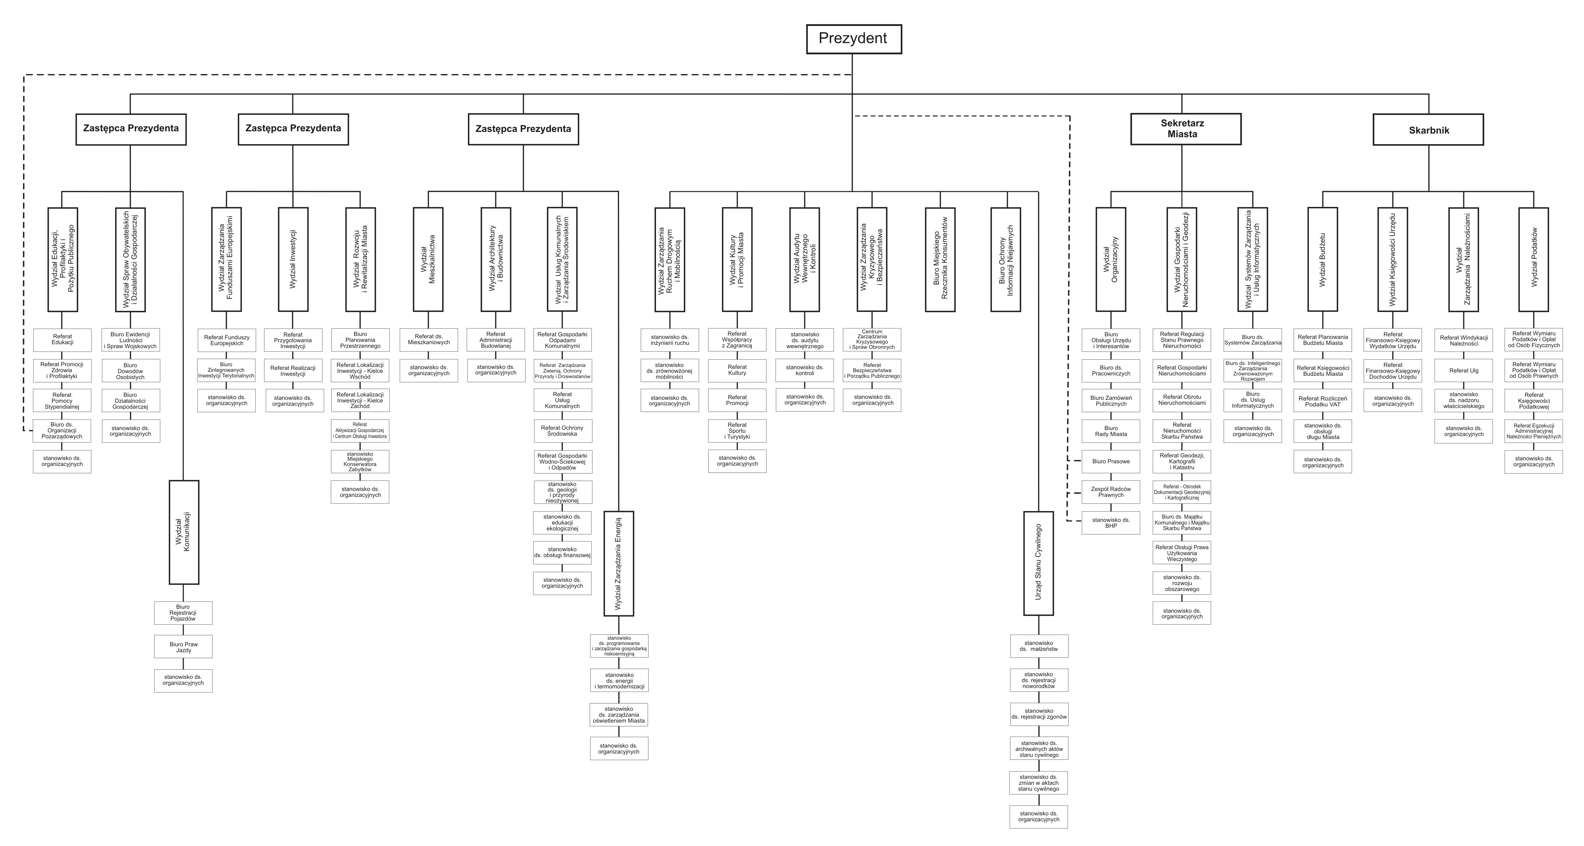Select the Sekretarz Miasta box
coord(1185,129)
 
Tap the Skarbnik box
coord(1428,130)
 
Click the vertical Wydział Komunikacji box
coord(184,532)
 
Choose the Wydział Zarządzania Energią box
coord(619,563)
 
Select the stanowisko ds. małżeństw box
coord(1039,646)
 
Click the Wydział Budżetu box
coord(1323,259)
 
